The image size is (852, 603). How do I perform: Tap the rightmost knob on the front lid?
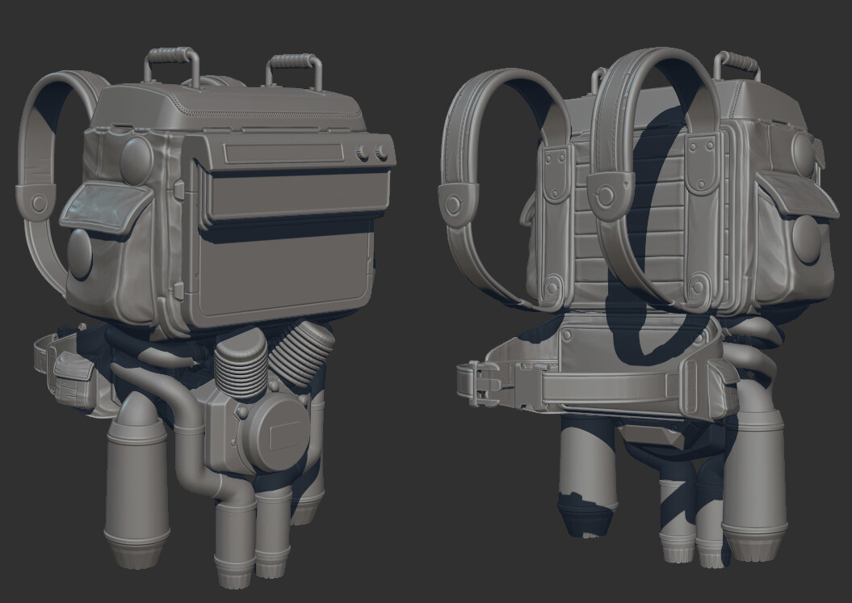tap(381, 151)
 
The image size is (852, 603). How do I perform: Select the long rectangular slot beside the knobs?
tap(283, 152)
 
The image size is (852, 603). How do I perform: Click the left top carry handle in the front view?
tap(171, 65)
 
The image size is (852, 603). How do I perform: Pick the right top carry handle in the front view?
tap(295, 70)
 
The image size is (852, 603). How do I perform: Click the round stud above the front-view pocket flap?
tap(136, 158)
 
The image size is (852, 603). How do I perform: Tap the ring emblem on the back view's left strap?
tap(454, 202)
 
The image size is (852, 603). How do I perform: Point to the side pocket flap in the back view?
tap(795, 197)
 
